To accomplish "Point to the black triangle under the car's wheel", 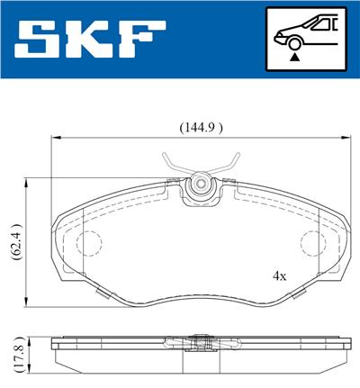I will click(292, 56).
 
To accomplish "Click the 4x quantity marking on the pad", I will click(279, 275).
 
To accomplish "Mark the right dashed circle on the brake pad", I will click(310, 242).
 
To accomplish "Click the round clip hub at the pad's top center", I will click(201, 185).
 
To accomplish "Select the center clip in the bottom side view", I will click(201, 343).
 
